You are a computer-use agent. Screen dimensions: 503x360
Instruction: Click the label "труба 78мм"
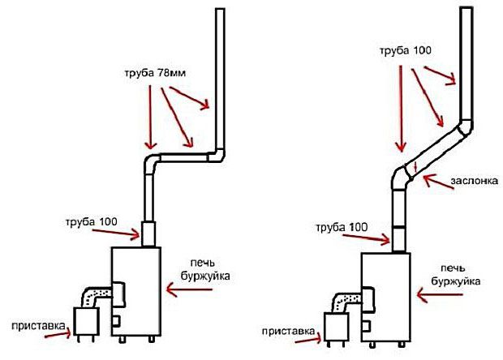click(155, 74)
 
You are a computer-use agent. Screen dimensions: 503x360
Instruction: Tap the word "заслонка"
click(475, 181)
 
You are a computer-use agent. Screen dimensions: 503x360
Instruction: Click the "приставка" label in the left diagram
click(38, 326)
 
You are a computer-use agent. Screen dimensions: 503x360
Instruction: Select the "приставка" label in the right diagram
click(288, 331)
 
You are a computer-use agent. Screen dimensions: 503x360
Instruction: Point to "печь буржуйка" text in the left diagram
click(205, 270)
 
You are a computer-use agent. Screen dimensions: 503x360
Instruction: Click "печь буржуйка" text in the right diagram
click(455, 275)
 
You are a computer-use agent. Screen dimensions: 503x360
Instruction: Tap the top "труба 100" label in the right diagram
click(406, 51)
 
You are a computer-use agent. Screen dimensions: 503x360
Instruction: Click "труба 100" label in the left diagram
click(92, 222)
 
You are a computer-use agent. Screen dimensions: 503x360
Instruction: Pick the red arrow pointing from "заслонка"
click(439, 182)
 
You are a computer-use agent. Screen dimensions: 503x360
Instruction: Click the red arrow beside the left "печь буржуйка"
click(189, 289)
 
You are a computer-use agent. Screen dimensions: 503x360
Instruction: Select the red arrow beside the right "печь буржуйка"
click(440, 295)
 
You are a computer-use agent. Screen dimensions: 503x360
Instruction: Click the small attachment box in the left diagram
click(86, 322)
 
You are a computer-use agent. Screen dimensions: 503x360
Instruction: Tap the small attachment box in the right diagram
click(336, 327)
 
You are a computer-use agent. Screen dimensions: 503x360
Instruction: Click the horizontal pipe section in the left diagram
click(183, 157)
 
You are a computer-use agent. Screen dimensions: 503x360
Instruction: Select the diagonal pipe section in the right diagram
click(434, 150)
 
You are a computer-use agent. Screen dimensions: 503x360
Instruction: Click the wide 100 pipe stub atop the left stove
click(148, 234)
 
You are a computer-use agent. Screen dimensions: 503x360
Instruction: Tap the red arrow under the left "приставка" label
click(58, 335)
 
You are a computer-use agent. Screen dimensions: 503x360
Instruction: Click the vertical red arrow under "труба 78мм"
click(150, 118)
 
